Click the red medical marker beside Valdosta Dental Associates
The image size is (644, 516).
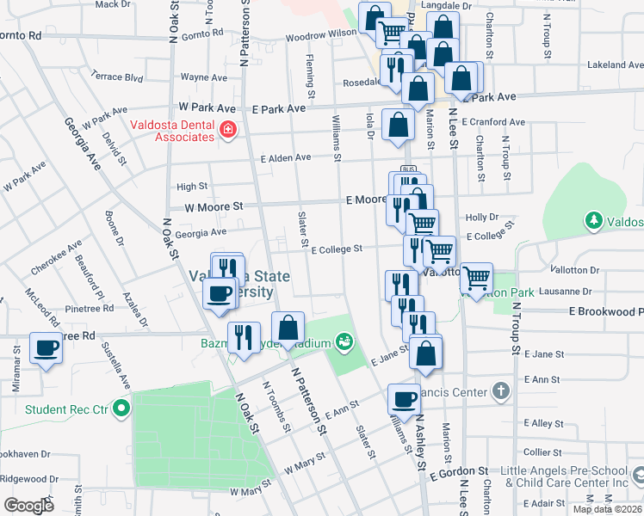pos(228,130)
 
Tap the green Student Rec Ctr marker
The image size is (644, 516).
pos(121,408)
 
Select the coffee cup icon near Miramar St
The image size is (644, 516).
pos(46,348)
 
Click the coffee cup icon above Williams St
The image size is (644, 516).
pos(404,398)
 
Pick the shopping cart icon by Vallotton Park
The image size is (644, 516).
pos(476,278)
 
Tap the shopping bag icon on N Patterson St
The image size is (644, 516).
pos(288,327)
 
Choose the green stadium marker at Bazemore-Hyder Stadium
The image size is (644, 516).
pos(344,342)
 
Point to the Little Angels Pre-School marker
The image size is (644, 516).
pos(638,475)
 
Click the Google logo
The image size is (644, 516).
pos(28,505)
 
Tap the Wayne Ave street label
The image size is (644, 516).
pos(203,77)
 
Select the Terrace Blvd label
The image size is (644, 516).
pos(117,77)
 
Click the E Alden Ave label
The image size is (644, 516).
pos(286,157)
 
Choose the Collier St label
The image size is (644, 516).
pos(542,451)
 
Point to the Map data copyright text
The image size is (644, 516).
pos(608,509)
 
